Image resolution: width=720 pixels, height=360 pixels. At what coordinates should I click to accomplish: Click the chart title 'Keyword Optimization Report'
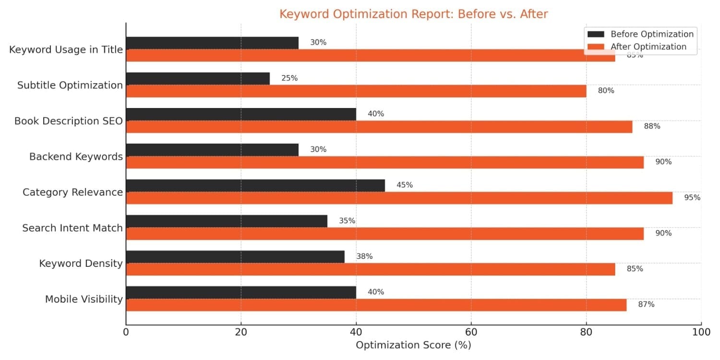[x=413, y=14]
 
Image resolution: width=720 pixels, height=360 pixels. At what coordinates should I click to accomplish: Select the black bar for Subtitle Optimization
[x=198, y=79]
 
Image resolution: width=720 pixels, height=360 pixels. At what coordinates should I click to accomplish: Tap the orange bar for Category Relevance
[x=399, y=198]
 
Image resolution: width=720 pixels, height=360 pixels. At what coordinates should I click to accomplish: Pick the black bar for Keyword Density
[x=235, y=257]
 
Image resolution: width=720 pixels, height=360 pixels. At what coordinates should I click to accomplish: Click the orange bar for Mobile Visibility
[x=376, y=305]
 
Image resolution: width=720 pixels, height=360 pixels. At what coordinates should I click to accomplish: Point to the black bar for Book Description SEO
[x=241, y=114]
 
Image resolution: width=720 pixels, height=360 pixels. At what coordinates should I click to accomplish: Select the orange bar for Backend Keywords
[x=384, y=162]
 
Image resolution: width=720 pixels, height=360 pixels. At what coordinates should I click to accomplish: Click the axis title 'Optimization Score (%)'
[x=413, y=345]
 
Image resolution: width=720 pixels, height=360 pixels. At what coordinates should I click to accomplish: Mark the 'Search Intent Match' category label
[x=72, y=228]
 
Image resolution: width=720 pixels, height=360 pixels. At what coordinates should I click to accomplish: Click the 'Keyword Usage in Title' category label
[x=66, y=49]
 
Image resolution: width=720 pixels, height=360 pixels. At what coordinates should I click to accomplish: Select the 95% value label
[x=692, y=197]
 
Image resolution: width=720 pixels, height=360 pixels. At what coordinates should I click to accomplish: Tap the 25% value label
[x=289, y=78]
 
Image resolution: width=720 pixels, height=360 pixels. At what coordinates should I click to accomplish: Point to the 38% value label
[x=364, y=256]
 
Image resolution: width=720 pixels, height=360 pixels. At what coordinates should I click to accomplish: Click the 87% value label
[x=646, y=304]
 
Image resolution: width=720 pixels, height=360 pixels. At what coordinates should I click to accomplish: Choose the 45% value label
[x=405, y=185]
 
